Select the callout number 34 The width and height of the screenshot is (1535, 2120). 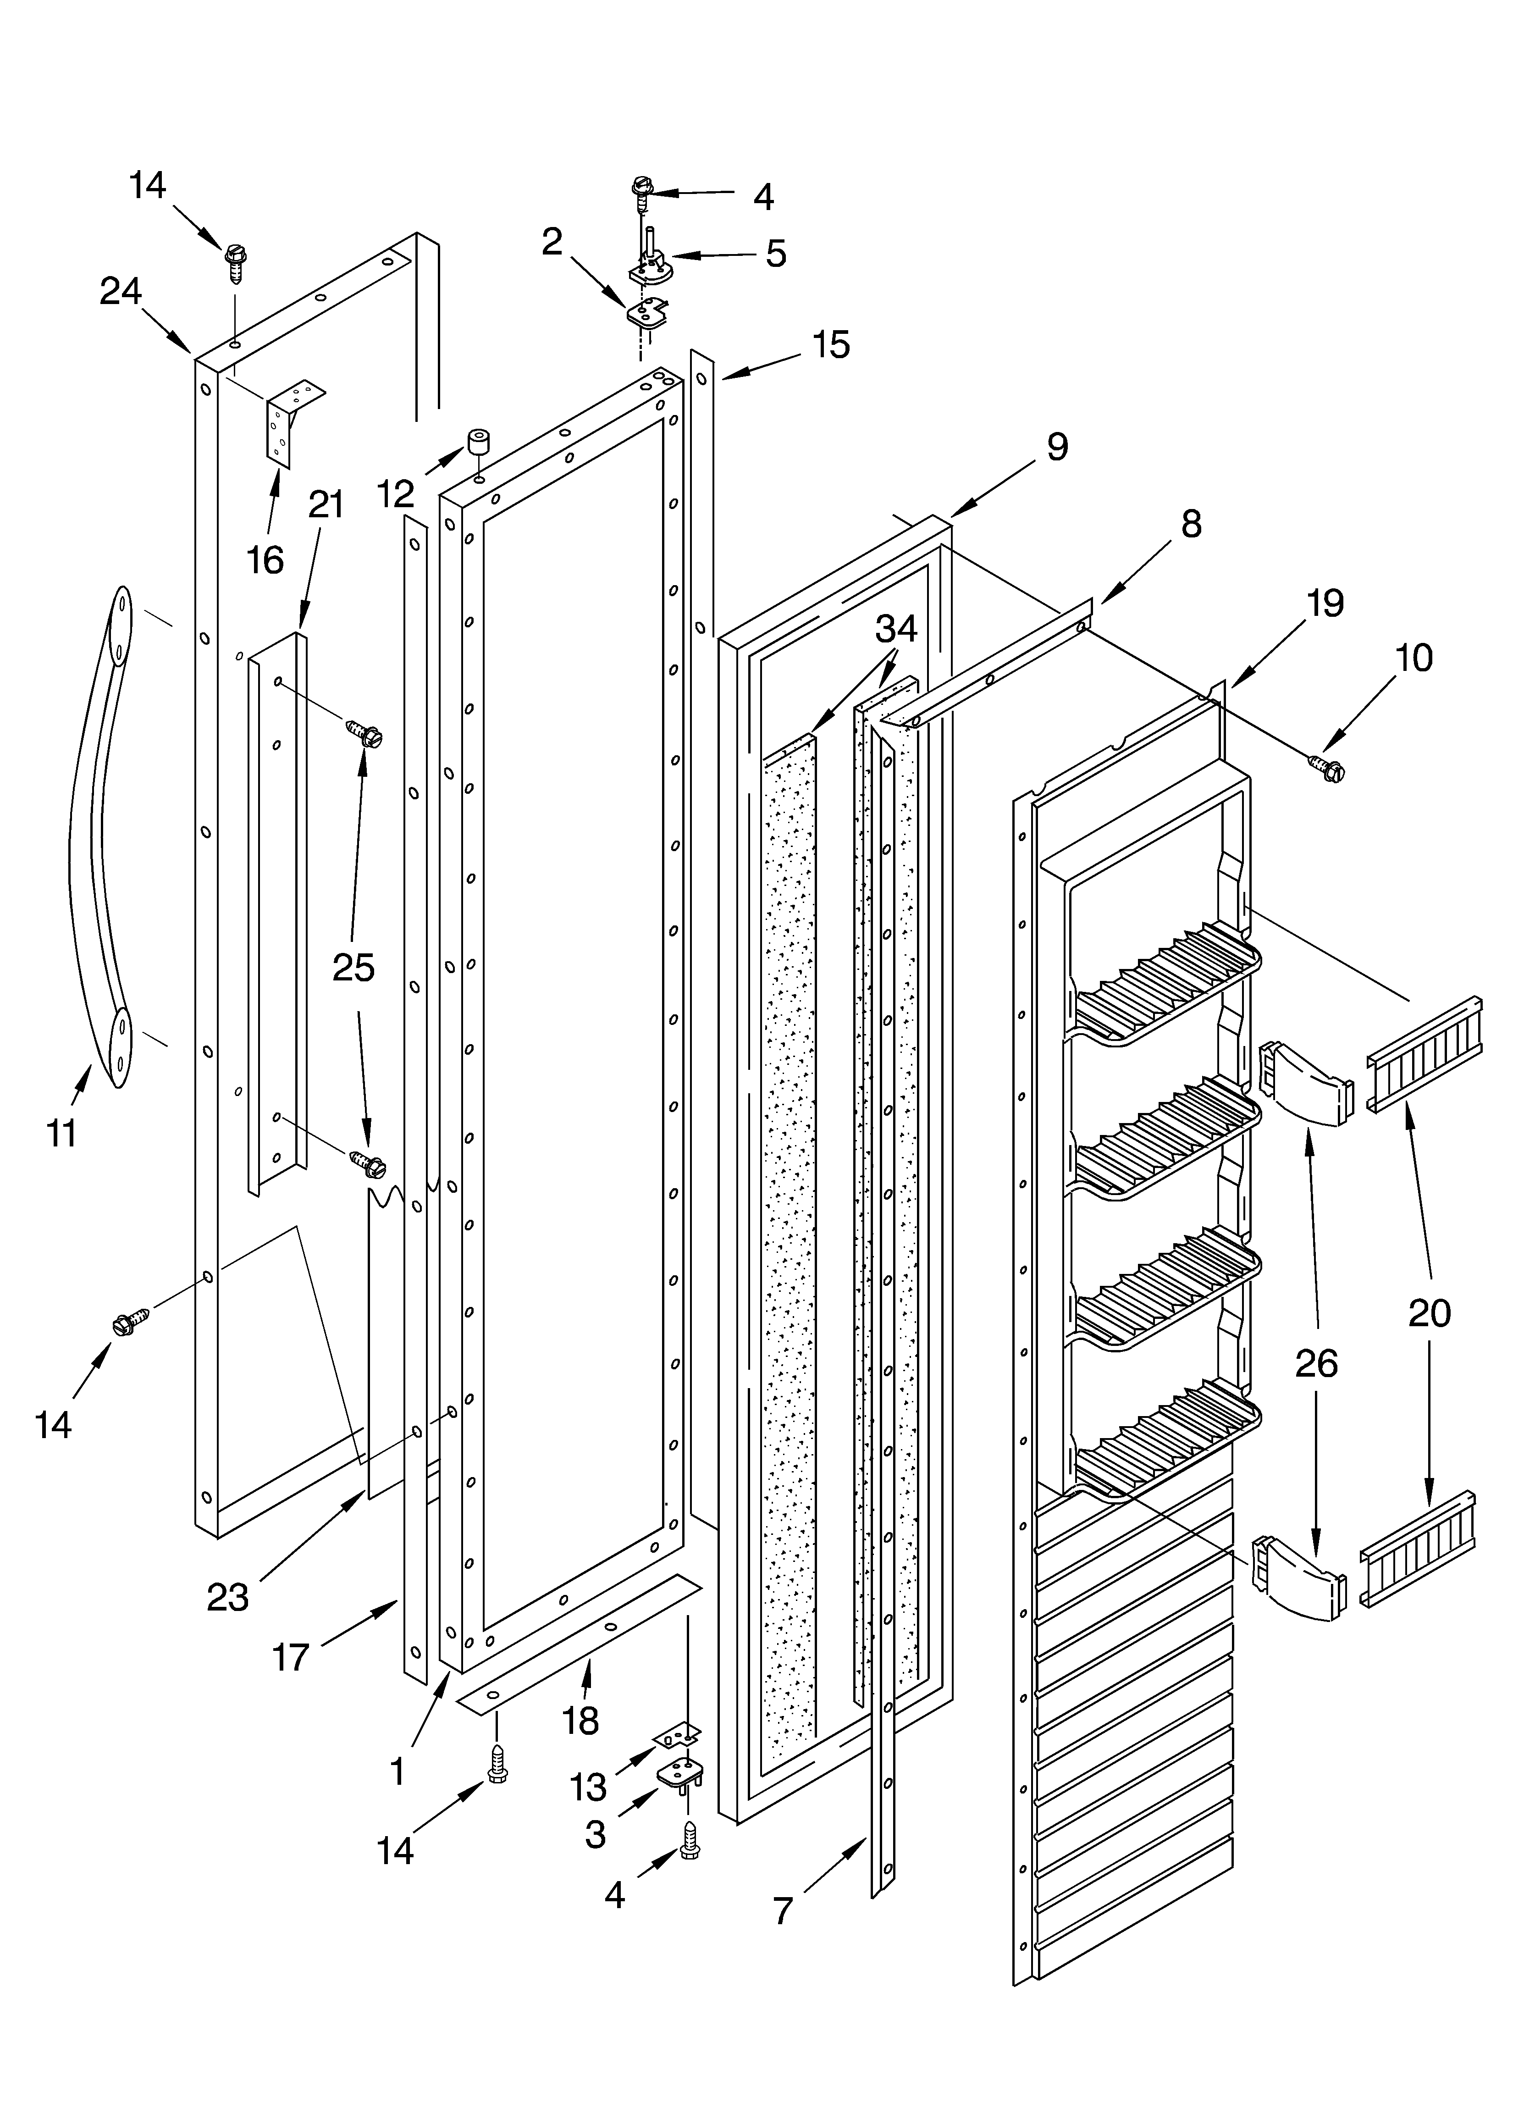[x=895, y=629]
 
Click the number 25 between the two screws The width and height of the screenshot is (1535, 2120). [x=353, y=968]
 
